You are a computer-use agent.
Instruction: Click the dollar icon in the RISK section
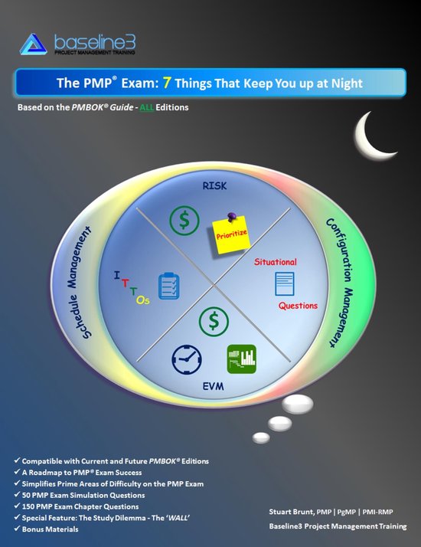click(184, 221)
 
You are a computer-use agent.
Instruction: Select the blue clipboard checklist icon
click(168, 287)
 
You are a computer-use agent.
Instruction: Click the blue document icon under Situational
click(285, 285)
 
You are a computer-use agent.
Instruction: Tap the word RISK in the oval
click(214, 186)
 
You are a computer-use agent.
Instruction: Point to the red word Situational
click(275, 262)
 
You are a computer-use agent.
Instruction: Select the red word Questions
click(298, 306)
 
